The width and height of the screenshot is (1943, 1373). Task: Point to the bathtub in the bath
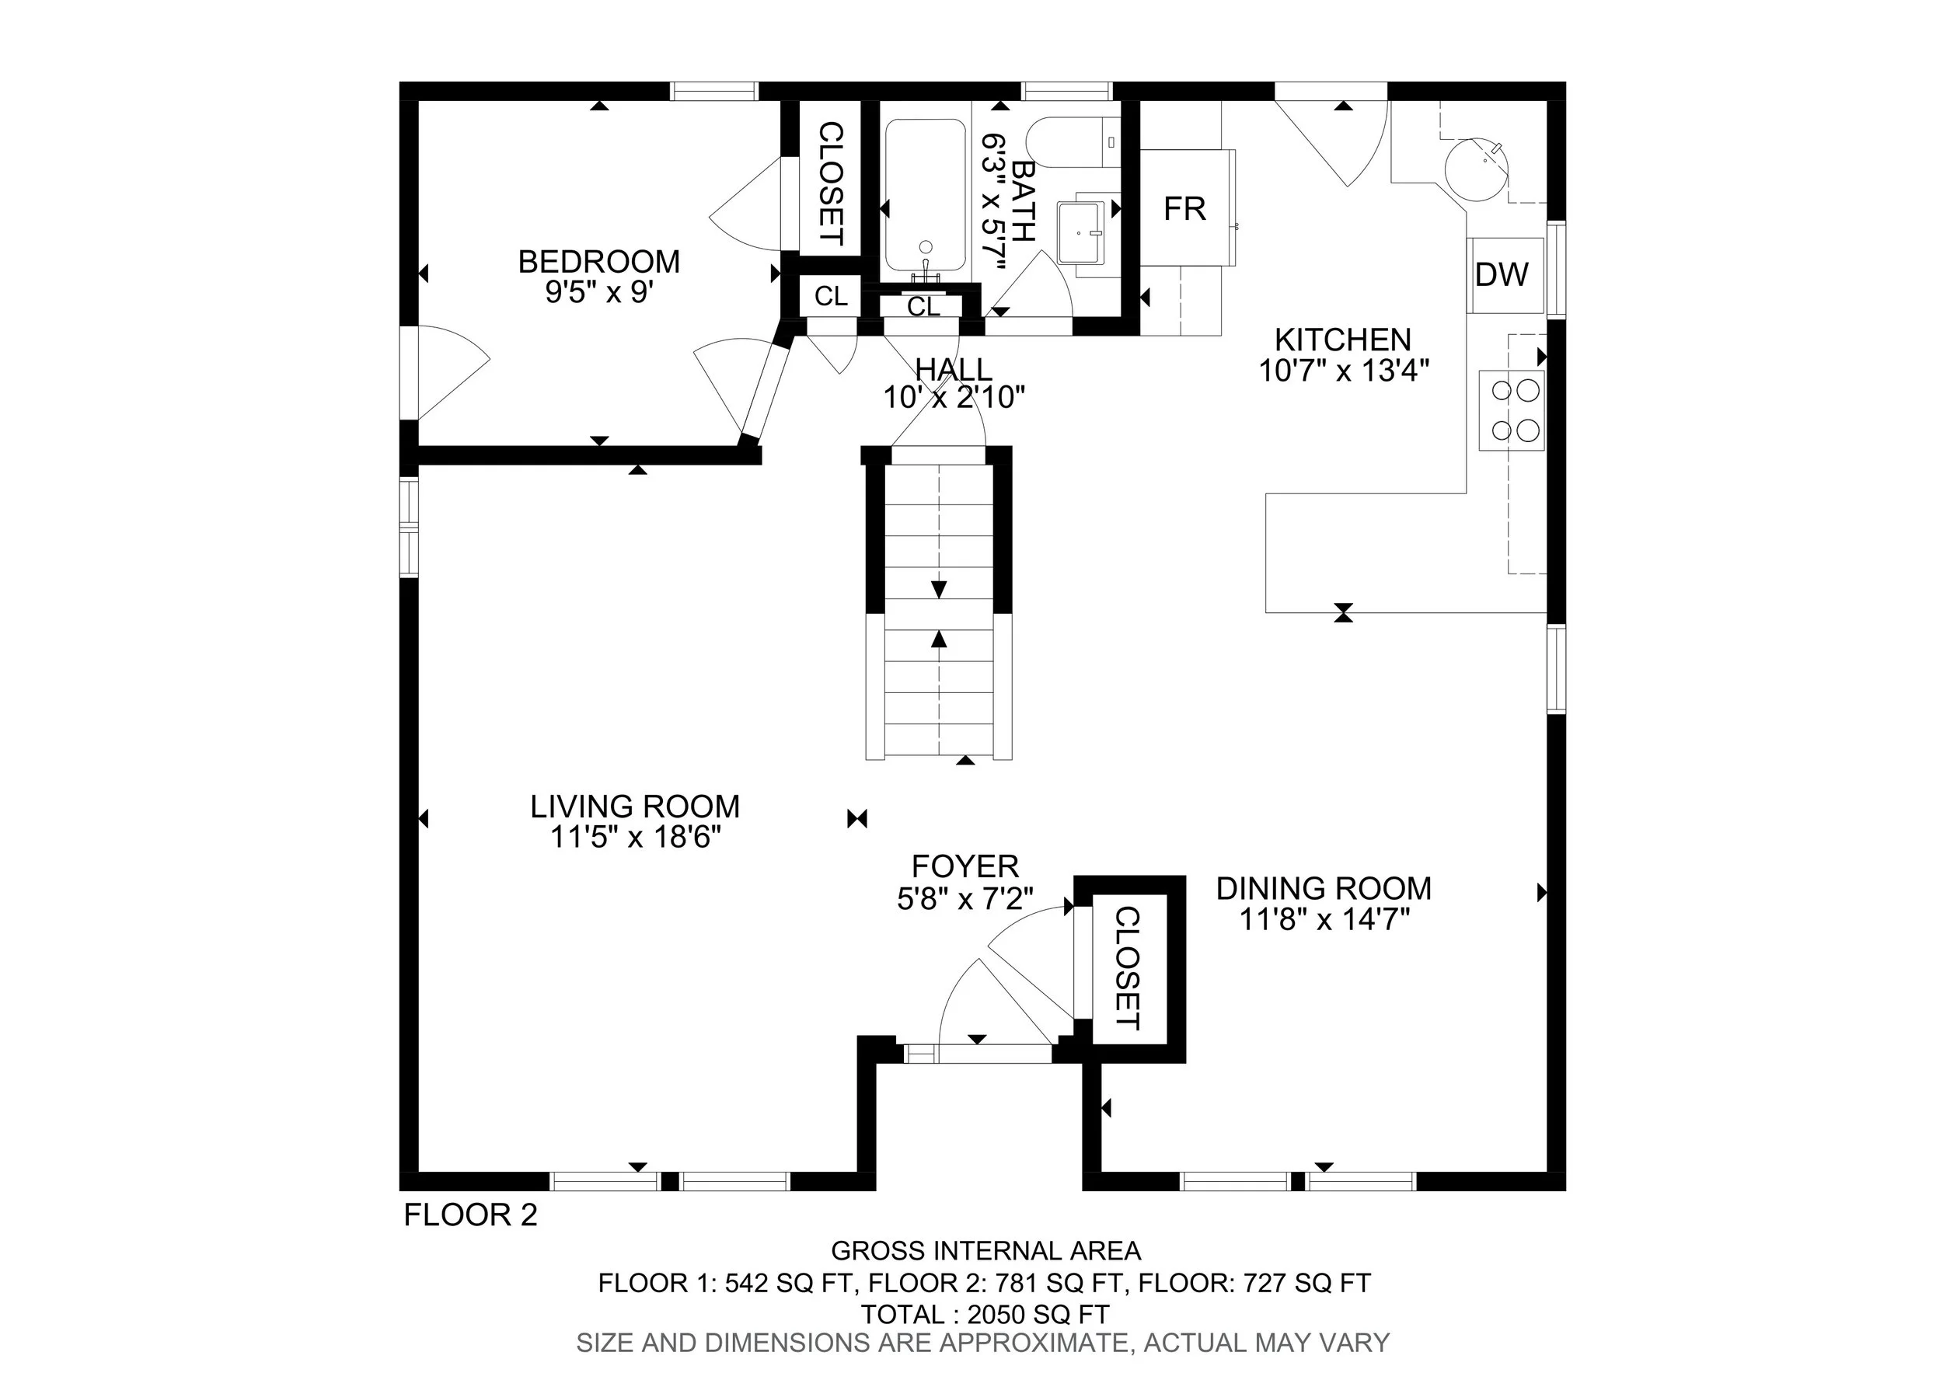click(x=925, y=194)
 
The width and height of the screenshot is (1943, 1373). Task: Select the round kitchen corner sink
click(x=1476, y=169)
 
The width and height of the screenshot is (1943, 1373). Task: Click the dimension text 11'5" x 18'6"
click(x=635, y=837)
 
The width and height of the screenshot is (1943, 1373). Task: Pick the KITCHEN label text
click(x=1343, y=340)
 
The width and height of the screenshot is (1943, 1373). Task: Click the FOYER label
click(x=965, y=866)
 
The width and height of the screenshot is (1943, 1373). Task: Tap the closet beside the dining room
click(x=1129, y=969)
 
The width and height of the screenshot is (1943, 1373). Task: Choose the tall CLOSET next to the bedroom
click(x=831, y=183)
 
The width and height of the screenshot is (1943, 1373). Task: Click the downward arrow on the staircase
click(x=939, y=589)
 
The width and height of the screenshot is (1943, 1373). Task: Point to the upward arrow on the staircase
click(x=939, y=639)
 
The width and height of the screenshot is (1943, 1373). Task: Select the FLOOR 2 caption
click(x=470, y=1214)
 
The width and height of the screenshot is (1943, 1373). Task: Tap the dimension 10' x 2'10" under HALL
click(x=954, y=397)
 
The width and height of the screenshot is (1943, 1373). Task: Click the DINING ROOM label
click(x=1324, y=888)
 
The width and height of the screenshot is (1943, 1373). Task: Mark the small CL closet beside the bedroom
click(x=831, y=296)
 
